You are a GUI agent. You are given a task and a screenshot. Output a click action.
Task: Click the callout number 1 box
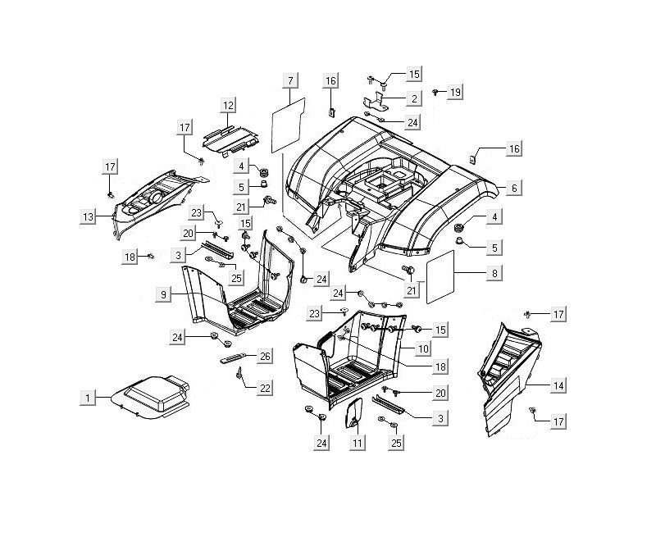(x=86, y=398)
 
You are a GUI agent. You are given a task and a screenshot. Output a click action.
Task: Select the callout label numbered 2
(x=414, y=98)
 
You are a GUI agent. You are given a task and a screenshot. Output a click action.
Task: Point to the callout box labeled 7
(x=290, y=80)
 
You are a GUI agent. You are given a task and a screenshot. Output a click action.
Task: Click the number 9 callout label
(x=164, y=293)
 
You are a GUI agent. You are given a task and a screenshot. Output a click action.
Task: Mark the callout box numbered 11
(x=357, y=443)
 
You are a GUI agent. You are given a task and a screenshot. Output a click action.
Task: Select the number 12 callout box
(x=227, y=105)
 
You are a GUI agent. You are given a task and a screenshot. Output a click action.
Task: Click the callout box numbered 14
(x=558, y=385)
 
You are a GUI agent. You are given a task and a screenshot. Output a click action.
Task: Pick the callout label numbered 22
(x=264, y=387)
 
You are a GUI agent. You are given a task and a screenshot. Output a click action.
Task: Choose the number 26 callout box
(x=265, y=356)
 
